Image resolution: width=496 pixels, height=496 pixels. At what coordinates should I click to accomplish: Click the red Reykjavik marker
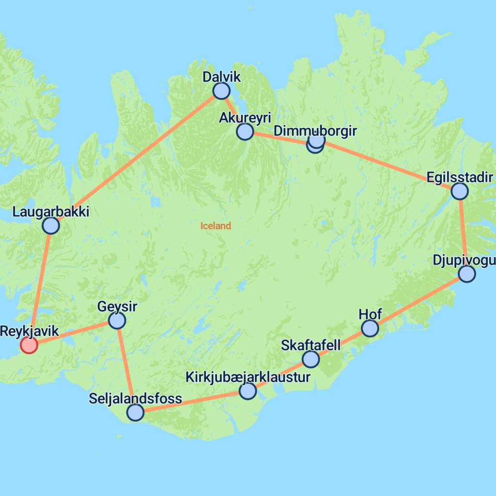click(x=29, y=345)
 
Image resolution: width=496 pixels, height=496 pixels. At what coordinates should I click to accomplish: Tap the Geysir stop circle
click(x=117, y=320)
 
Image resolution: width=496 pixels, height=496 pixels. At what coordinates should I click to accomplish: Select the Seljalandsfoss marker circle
click(x=135, y=412)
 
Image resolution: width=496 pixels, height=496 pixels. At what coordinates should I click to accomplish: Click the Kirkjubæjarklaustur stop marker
click(x=248, y=391)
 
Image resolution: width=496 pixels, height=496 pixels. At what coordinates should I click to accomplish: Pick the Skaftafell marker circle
click(x=310, y=359)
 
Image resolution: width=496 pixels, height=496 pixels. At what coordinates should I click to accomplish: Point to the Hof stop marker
click(x=370, y=328)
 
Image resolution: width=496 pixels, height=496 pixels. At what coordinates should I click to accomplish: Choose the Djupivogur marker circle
click(x=467, y=274)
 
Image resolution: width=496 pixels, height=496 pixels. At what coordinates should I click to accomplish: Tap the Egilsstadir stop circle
click(x=459, y=191)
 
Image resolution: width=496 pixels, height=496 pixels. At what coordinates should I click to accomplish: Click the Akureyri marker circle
click(x=245, y=131)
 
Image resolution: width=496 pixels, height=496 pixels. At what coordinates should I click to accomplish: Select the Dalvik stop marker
click(x=221, y=91)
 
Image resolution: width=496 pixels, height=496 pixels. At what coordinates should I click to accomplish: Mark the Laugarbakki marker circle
click(x=51, y=225)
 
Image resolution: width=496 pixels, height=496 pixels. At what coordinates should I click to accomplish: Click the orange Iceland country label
click(x=216, y=226)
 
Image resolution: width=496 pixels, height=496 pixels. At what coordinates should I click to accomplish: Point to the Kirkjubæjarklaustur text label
click(x=248, y=377)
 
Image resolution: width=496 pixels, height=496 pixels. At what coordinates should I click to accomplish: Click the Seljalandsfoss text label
click(x=136, y=399)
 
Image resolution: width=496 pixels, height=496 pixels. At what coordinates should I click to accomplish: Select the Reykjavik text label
click(x=30, y=332)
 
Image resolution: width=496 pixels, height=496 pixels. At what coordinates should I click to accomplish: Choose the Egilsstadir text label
click(x=460, y=177)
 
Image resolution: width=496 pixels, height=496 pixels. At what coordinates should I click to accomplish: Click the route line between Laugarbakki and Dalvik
click(x=136, y=158)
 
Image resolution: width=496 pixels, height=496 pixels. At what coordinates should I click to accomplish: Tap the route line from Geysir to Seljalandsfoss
click(x=126, y=366)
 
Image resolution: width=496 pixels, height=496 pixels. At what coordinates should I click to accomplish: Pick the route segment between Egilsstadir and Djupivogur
click(x=463, y=232)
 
